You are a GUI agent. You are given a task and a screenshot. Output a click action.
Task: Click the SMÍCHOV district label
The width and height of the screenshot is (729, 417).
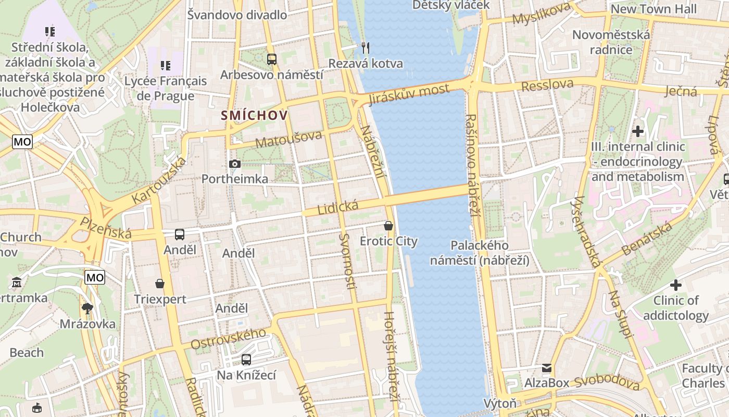(254, 115)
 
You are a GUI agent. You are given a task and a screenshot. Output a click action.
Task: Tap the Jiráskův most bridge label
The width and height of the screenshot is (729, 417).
(408, 94)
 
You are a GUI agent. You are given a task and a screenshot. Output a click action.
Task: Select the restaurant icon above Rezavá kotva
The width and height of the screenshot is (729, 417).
(366, 48)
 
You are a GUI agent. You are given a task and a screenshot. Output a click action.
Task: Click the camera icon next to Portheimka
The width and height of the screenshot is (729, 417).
(235, 164)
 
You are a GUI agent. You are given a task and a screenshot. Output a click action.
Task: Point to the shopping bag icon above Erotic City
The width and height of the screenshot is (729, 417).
(388, 226)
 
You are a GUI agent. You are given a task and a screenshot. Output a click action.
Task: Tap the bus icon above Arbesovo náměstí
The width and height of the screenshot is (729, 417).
(271, 59)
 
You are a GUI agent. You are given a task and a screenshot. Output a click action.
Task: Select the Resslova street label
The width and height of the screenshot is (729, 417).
(547, 85)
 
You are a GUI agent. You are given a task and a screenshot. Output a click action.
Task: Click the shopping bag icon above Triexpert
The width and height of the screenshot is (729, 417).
(160, 284)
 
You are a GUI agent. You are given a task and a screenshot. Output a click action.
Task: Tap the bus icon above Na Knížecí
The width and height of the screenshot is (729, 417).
(246, 359)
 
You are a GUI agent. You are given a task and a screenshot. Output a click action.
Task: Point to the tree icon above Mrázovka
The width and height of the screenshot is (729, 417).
(87, 308)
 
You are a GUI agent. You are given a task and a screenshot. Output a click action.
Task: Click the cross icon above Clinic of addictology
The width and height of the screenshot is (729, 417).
(676, 285)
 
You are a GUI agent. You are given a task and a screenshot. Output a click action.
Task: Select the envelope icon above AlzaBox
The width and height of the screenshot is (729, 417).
(547, 368)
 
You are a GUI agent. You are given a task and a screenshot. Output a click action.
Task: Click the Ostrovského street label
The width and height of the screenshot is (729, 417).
(231, 339)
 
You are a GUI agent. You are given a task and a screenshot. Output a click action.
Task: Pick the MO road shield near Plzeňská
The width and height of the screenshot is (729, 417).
(95, 277)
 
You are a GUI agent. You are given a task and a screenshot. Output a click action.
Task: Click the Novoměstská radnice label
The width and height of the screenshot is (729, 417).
(611, 42)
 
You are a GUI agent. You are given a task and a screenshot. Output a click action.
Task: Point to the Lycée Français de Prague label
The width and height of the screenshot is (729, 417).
(166, 89)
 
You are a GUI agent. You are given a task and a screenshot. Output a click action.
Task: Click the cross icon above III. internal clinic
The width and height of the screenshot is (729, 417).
(638, 131)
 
